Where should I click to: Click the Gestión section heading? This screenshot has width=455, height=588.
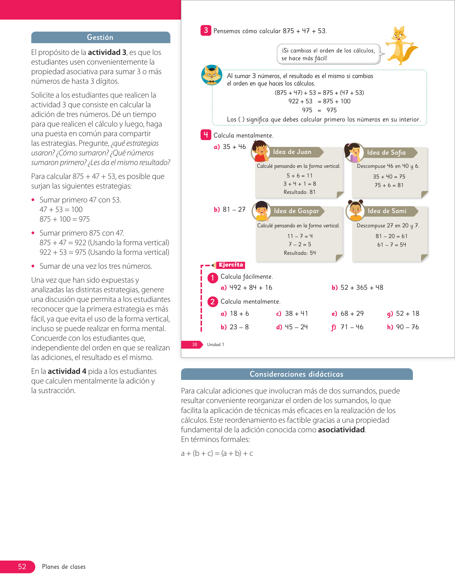100,37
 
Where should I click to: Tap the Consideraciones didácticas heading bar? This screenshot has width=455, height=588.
297,374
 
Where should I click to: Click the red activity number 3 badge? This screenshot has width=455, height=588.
206,31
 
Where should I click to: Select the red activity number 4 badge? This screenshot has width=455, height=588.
206,135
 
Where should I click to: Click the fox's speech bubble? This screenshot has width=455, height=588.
328,54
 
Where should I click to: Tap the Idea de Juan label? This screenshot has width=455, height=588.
292,152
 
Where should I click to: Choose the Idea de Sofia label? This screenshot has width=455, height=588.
386,153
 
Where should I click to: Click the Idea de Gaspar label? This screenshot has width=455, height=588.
297,211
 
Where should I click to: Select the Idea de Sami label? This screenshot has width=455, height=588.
387,211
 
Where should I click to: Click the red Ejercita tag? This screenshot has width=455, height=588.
231,265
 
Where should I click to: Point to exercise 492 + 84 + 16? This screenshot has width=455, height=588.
250,288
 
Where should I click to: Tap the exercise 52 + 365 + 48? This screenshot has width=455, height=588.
361,288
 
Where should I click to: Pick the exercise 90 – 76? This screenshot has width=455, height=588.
407,327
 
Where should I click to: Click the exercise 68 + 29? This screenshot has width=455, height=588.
352,314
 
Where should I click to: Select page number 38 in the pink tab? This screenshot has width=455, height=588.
194,345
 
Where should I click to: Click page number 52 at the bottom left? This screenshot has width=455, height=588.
22,567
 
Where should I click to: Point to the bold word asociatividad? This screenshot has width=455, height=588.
341,430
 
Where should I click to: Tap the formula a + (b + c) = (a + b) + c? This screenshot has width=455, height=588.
217,453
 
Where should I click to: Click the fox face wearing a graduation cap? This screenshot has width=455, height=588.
212,75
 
